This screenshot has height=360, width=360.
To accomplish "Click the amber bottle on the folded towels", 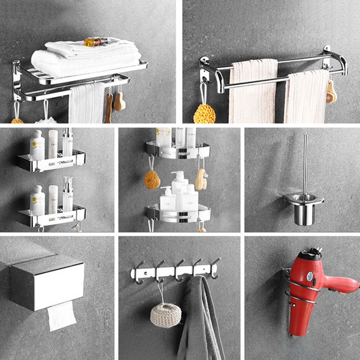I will [x=95, y=42].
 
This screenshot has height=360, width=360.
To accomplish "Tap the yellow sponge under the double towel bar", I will [x=204, y=113].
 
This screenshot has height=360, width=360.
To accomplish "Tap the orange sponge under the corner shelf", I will [x=152, y=179].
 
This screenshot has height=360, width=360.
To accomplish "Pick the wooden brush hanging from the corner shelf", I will [x=201, y=179].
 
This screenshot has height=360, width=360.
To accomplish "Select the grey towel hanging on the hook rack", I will [x=200, y=319].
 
